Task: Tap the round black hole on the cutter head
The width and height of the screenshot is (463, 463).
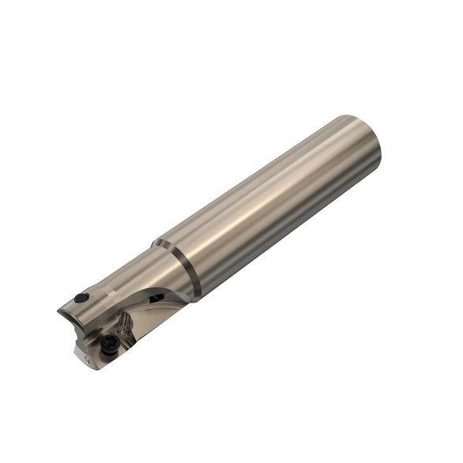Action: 80,299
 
